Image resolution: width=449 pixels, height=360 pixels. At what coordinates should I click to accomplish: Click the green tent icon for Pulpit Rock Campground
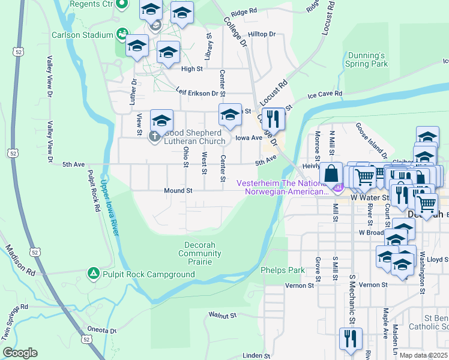coord(93,274)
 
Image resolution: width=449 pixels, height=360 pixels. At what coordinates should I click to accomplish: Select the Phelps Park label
coord(283,270)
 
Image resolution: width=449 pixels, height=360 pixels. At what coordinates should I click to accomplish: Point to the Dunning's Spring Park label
coord(367,59)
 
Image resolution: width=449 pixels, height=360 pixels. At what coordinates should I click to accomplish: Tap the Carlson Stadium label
coord(82,35)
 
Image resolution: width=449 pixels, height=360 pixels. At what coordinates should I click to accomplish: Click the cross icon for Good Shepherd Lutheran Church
coord(155,136)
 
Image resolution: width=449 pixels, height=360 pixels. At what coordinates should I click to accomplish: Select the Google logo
coord(20,352)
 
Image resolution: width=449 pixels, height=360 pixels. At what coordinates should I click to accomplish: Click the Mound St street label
coord(178,190)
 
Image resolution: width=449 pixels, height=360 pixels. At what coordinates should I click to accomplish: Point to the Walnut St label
coord(223,314)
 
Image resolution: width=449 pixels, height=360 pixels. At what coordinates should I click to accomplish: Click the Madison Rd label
coord(20,259)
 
